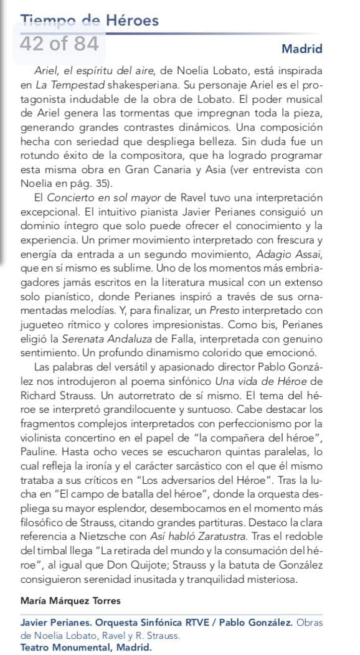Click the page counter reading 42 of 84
(x=59, y=44)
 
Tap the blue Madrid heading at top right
(x=302, y=49)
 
